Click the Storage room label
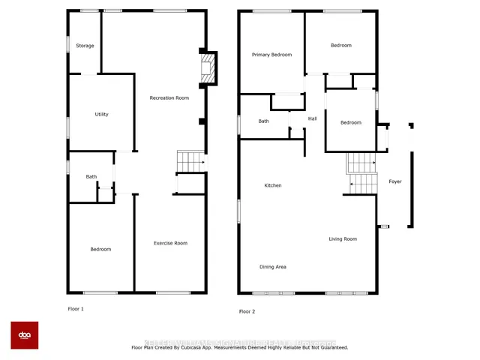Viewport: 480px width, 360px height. click(x=85, y=46)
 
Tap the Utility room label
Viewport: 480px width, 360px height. click(x=101, y=115)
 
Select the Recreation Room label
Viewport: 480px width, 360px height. click(x=169, y=98)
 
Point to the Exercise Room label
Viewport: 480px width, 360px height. click(x=170, y=243)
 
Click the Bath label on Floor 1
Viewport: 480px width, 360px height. click(x=91, y=177)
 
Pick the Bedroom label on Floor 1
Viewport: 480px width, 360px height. click(x=100, y=250)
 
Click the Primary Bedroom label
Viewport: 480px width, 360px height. click(x=271, y=55)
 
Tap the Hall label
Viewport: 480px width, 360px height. click(x=313, y=118)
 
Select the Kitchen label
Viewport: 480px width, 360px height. click(x=272, y=185)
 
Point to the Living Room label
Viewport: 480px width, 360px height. click(x=342, y=239)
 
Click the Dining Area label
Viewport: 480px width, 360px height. click(x=272, y=267)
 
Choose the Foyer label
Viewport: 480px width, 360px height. click(x=394, y=181)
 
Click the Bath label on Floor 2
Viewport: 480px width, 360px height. click(x=263, y=121)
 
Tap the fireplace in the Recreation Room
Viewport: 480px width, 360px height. click(x=208, y=69)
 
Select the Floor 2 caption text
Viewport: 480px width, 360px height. click(x=247, y=311)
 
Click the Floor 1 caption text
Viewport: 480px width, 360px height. click(x=76, y=309)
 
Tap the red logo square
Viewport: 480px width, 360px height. click(x=24, y=335)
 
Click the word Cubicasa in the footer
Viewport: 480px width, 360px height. click(x=207, y=348)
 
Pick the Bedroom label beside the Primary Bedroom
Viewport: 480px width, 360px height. click(x=340, y=46)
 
